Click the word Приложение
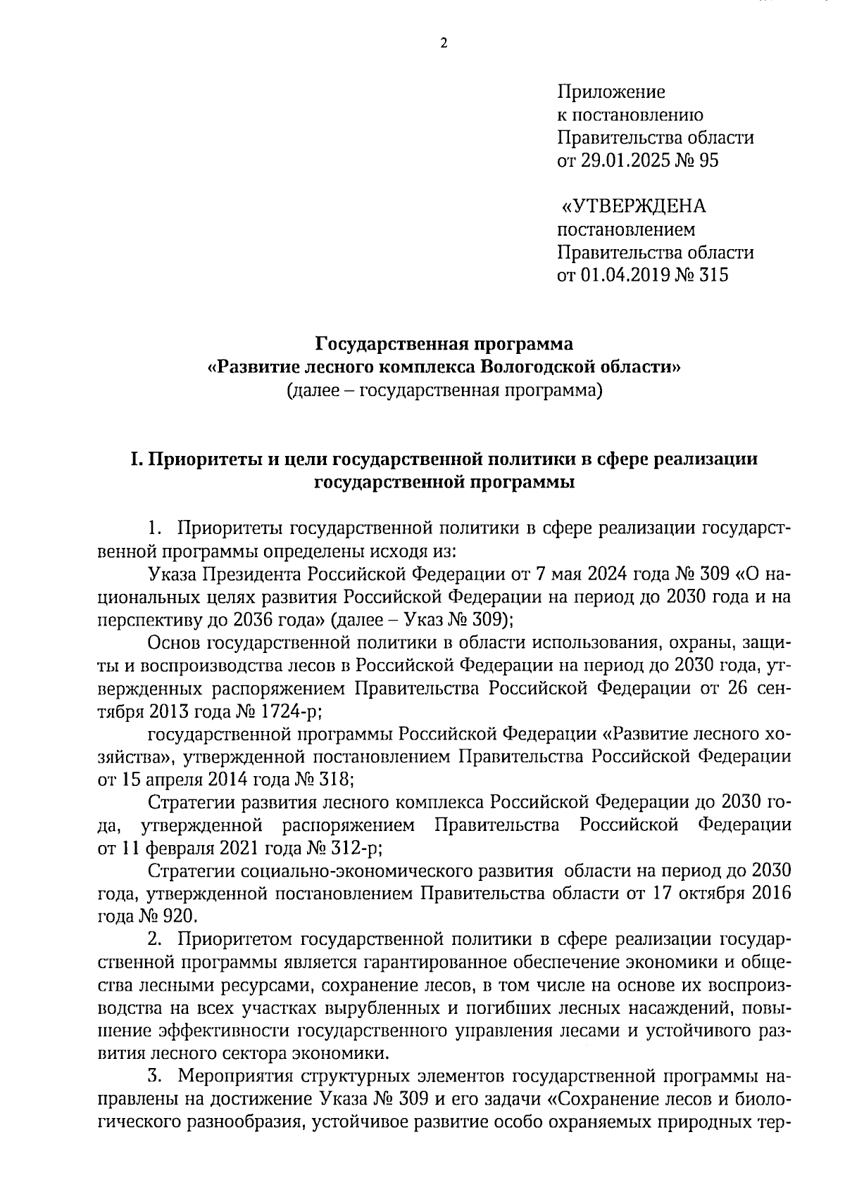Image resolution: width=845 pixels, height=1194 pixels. (x=611, y=92)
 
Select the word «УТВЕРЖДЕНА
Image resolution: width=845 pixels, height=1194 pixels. (x=632, y=207)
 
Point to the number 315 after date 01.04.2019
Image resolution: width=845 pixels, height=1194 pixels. (x=714, y=274)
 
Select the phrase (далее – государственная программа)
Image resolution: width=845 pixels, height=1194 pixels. (x=444, y=389)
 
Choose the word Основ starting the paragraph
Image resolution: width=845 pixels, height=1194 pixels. (x=175, y=642)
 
